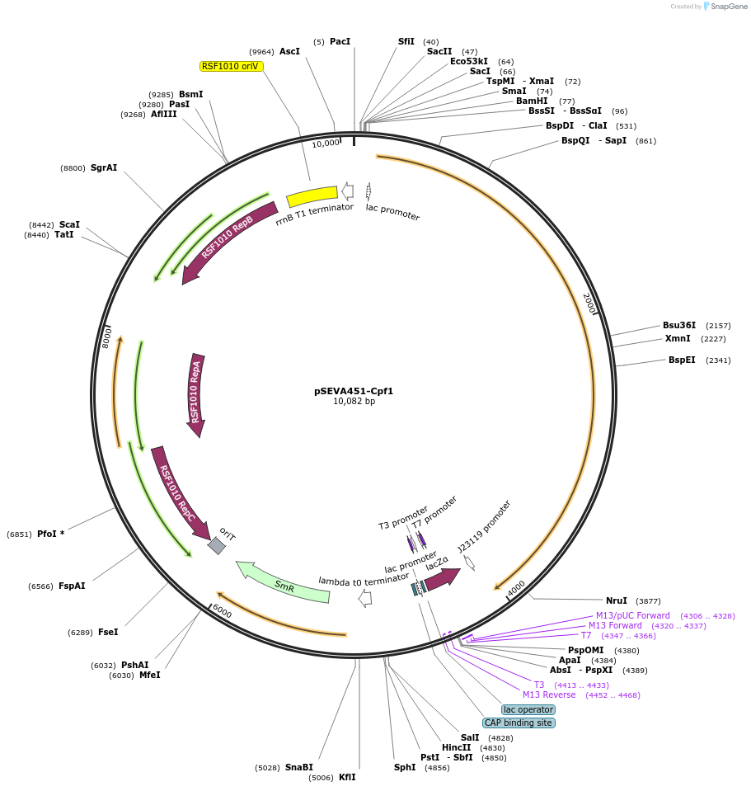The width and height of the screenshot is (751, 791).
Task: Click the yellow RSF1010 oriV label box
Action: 232,66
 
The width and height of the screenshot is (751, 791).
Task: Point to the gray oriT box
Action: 217,545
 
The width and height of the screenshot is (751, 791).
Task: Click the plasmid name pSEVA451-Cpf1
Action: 354,391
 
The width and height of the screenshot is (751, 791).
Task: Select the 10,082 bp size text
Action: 354,402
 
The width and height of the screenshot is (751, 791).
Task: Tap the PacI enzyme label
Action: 340,41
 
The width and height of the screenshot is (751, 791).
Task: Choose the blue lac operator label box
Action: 528,709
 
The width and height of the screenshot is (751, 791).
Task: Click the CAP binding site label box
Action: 519,723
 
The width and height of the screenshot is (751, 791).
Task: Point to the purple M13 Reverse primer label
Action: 549,694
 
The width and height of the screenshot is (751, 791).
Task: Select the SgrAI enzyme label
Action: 104,167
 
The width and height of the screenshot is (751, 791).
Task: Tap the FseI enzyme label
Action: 108,632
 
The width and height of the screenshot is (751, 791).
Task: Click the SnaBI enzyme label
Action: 299,767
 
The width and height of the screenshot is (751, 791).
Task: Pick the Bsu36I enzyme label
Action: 679,325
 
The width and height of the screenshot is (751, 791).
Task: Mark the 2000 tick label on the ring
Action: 589,303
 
